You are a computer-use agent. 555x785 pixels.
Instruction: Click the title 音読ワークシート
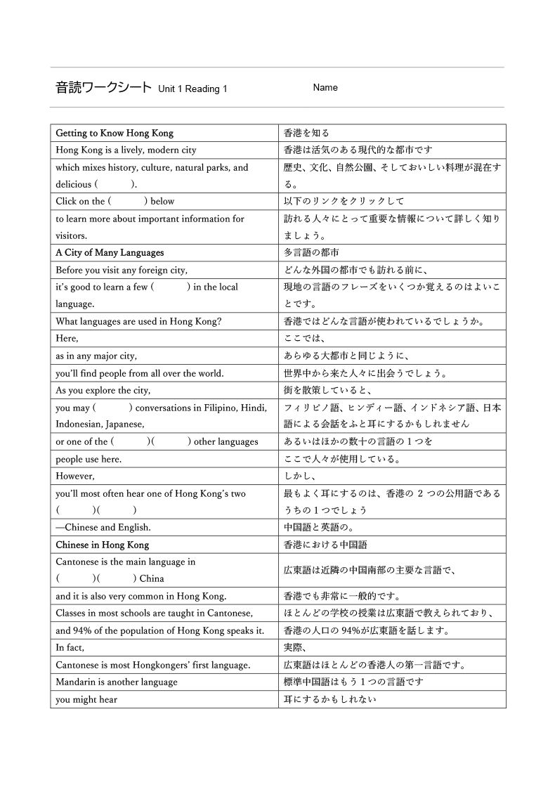[103, 88]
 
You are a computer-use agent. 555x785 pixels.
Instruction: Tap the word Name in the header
[325, 88]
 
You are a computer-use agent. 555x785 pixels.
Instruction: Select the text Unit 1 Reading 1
[192, 89]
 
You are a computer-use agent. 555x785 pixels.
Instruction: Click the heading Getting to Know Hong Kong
[115, 133]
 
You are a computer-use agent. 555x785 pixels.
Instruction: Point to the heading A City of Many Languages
[110, 252]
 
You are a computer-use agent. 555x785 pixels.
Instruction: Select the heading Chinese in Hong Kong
[103, 545]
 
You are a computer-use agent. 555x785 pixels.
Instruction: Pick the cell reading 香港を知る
[306, 133]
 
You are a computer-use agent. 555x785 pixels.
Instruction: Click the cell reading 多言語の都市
[311, 252]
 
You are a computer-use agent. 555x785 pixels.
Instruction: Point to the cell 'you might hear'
[86, 699]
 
